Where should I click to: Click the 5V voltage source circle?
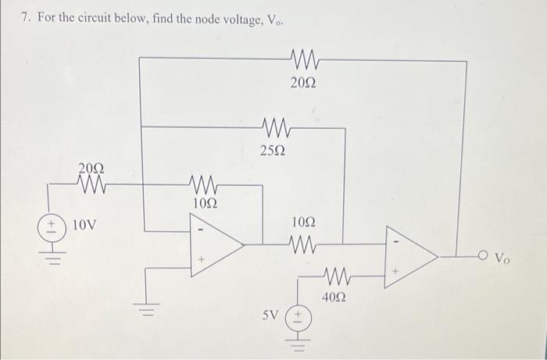coord(299,318)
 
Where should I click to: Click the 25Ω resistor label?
coord(273,150)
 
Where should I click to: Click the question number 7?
coord(25,17)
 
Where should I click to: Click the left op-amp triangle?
coord(216,244)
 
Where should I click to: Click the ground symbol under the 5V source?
coord(299,342)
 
